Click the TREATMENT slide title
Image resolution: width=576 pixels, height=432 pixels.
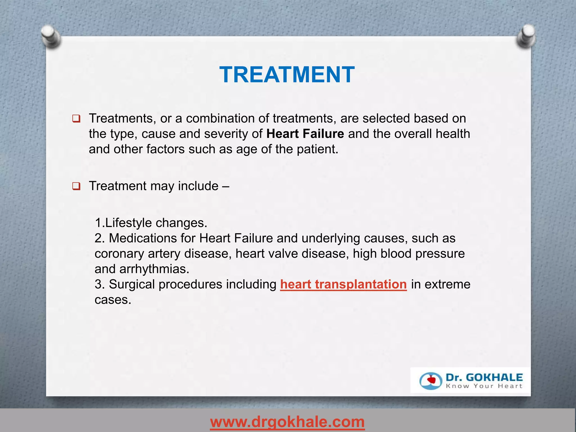point(287,75)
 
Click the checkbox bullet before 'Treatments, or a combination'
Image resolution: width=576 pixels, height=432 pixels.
point(76,118)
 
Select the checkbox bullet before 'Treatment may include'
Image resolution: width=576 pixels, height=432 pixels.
point(76,186)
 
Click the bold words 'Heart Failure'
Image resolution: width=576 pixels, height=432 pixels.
point(305,134)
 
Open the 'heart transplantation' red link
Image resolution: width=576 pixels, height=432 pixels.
point(343,284)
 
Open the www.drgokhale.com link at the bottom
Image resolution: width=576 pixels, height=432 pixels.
point(287,422)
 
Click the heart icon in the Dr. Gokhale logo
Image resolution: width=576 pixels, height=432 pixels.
point(431,381)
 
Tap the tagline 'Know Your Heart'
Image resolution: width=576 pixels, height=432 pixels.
point(484,386)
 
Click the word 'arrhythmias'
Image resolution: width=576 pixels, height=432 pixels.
point(154,269)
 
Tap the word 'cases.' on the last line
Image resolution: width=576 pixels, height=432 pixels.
point(113,300)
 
